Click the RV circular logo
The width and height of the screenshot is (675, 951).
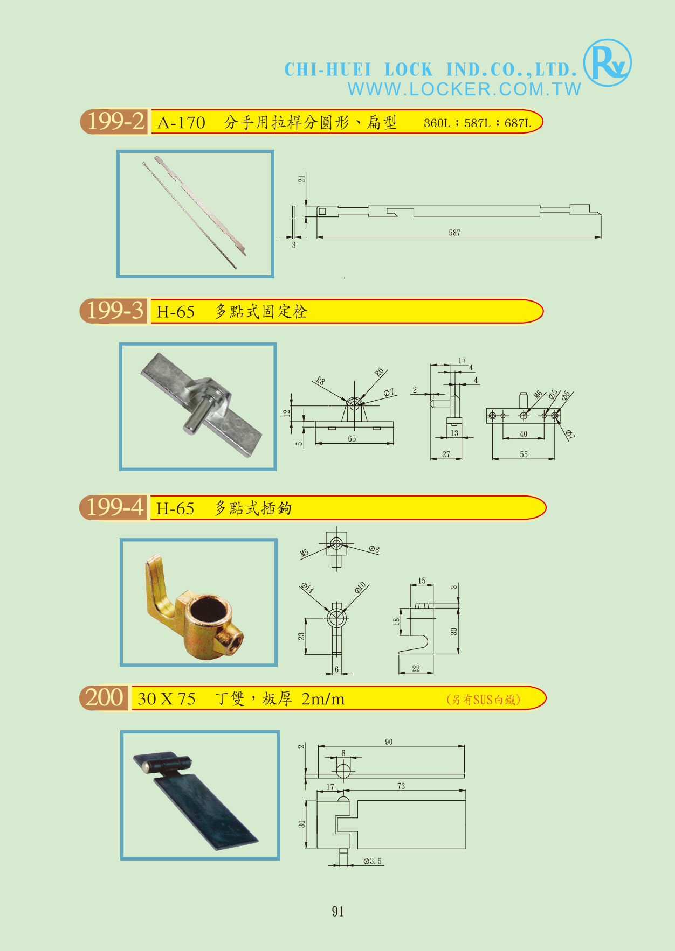[608, 63]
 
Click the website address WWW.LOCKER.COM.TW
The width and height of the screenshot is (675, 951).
[464, 89]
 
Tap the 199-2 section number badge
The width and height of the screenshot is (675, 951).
[114, 122]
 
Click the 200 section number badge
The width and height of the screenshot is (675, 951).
[104, 698]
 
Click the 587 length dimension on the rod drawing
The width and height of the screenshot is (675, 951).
[454, 233]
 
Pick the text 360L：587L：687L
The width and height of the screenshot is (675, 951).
[477, 123]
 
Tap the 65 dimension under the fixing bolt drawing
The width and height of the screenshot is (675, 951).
[352, 439]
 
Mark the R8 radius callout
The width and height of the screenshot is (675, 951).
[320, 381]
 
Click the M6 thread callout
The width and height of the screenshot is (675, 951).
[538, 395]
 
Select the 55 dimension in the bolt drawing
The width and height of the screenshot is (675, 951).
[524, 454]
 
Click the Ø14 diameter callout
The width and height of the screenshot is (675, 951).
[307, 588]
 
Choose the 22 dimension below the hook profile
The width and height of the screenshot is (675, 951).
[416, 668]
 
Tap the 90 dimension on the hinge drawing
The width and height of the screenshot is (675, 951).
[389, 742]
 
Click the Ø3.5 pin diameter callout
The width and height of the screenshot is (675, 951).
[373, 861]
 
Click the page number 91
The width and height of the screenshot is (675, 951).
[337, 911]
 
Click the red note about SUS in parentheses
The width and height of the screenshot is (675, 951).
[483, 700]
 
